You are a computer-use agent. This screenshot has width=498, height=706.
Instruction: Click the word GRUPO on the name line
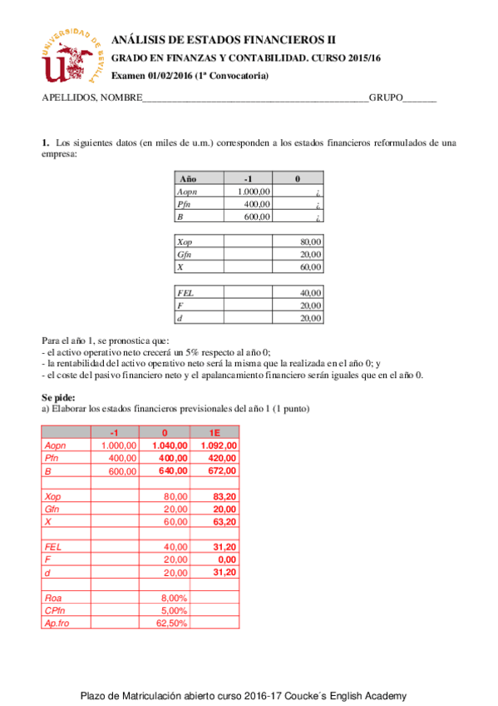click(386, 97)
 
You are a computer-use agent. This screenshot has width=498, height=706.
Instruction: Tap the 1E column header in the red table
click(214, 433)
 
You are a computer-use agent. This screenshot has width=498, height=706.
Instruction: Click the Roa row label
click(53, 597)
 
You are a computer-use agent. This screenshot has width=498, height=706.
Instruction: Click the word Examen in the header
click(129, 76)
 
